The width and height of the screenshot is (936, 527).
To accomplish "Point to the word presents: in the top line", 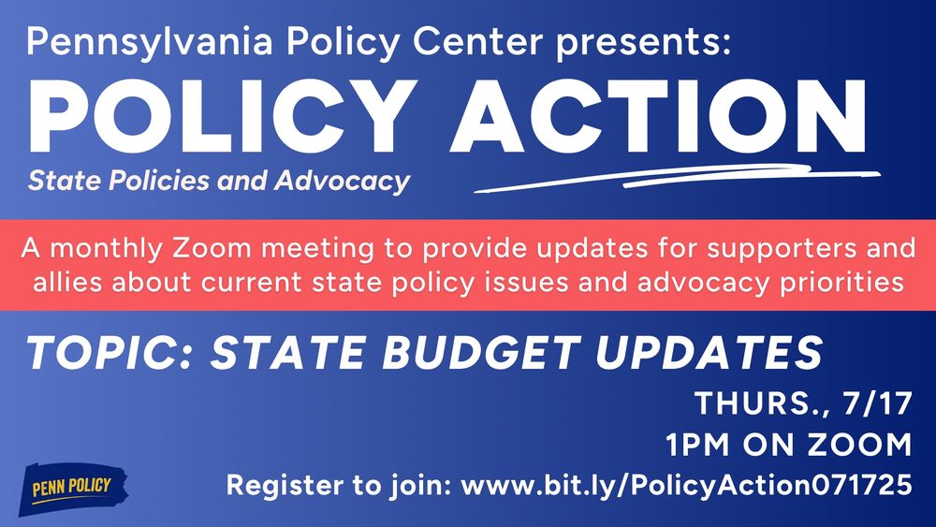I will (651, 41).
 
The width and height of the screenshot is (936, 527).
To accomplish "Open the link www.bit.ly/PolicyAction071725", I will (687, 487).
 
